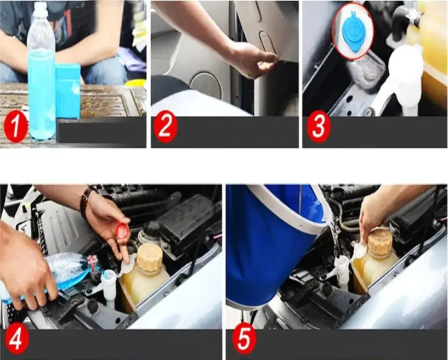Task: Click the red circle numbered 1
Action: (16, 126)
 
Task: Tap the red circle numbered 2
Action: (166, 127)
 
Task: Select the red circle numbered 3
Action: (319, 127)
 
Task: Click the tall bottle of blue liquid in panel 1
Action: (42, 71)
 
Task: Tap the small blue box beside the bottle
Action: (67, 92)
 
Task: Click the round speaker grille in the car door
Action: (206, 86)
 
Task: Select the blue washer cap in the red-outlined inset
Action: (354, 32)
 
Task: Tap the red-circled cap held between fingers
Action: (122, 230)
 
